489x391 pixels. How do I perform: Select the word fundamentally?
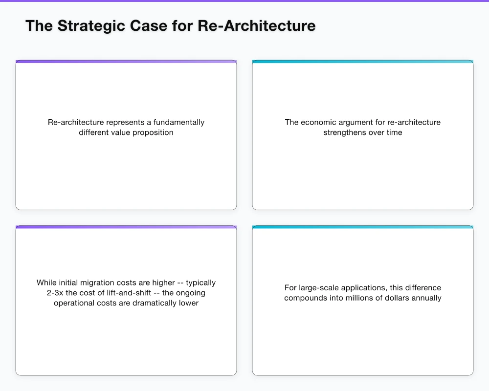point(179,122)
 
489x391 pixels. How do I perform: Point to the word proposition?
point(151,132)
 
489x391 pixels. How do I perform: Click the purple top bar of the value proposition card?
point(126,62)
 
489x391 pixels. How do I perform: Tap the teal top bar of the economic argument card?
point(362,62)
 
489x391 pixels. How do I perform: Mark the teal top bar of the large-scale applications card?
point(362,227)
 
